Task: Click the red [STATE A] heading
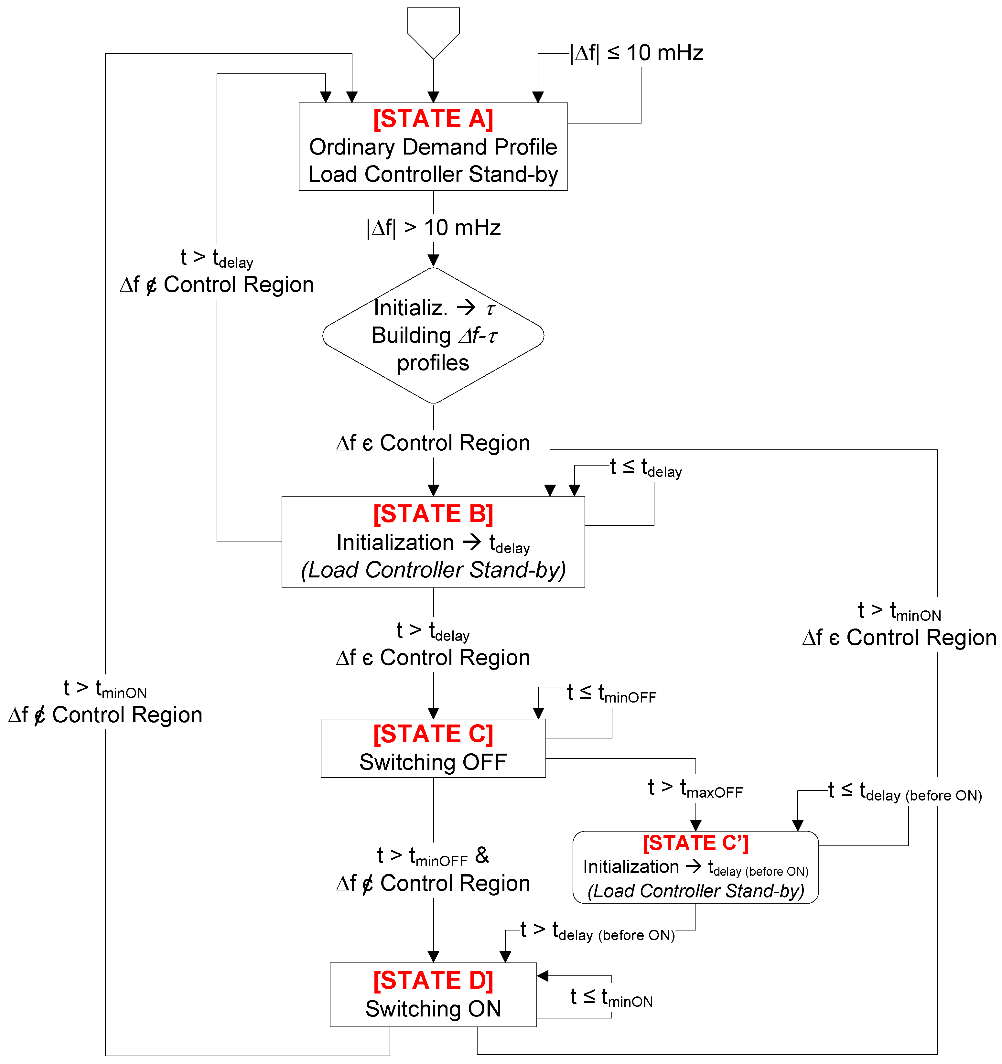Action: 433,119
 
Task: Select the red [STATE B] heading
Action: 433,514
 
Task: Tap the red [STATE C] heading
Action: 433,734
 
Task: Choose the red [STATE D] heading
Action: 433,981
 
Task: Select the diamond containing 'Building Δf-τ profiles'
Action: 433,336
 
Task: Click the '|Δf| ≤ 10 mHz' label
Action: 637,53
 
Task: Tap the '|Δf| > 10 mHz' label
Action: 433,228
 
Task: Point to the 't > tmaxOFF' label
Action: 695,788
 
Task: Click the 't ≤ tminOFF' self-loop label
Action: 611,693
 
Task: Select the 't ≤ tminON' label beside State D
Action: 611,998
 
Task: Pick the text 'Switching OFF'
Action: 433,762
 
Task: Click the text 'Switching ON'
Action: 433,1009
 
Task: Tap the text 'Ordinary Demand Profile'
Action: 433,147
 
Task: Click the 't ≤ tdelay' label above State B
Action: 645,468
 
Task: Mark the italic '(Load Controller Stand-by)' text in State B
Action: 433,570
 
